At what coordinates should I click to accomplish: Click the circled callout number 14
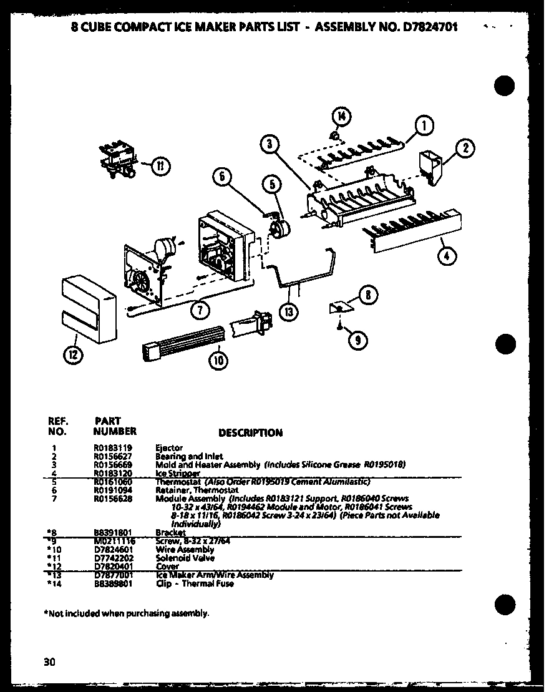click(341, 117)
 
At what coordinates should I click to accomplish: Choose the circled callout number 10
click(218, 359)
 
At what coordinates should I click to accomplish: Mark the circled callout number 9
click(357, 339)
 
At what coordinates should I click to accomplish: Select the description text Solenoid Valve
click(177, 558)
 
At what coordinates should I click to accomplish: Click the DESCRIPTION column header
click(250, 432)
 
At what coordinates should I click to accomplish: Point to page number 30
click(50, 662)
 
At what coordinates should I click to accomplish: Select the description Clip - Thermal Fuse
click(195, 583)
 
